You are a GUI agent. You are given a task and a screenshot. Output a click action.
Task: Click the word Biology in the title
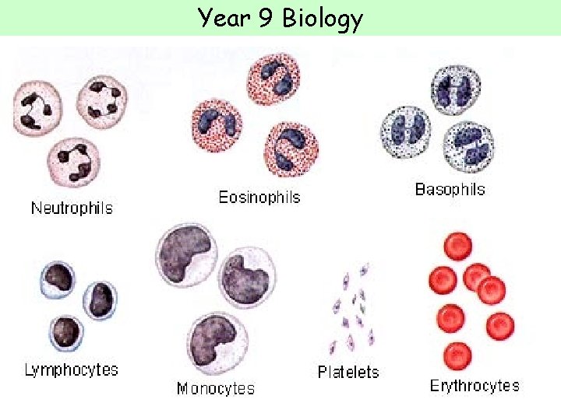click(322, 17)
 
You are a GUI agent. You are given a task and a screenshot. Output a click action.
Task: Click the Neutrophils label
click(72, 208)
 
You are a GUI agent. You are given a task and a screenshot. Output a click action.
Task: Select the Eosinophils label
click(259, 198)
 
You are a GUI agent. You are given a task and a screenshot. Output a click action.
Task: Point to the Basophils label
click(450, 189)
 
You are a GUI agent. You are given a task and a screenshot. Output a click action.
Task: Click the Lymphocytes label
click(71, 369)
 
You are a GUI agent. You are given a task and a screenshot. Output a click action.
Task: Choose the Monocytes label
click(215, 388)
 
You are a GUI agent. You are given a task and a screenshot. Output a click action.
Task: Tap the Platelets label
click(348, 372)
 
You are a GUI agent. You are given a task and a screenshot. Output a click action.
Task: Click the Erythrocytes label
click(475, 385)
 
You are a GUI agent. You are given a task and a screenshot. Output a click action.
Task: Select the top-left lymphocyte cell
click(57, 278)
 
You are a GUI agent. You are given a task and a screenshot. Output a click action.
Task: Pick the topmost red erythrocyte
click(457, 248)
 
